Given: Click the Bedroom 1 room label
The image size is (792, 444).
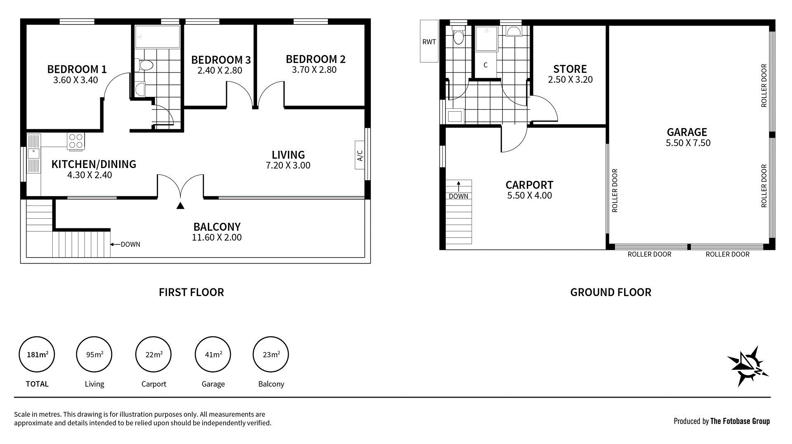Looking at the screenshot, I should [77, 69].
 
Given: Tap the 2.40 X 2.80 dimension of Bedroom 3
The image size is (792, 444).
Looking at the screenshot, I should [220, 70].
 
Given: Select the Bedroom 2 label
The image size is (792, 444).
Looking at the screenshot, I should [316, 59].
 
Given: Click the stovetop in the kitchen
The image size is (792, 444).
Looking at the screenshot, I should [76, 141].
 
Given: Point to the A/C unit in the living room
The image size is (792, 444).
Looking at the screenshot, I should [360, 155].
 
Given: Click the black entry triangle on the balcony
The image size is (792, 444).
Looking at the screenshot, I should [180, 206].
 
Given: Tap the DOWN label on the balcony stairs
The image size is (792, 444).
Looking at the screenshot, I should [130, 244].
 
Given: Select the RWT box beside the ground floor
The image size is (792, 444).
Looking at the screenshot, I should [429, 42].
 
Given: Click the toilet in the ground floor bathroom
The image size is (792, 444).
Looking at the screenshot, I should [458, 36].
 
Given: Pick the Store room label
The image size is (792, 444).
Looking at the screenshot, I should [570, 69].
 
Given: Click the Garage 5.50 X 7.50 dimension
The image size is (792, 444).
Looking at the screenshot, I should [688, 143].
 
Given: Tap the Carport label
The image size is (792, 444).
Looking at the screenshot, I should [529, 185].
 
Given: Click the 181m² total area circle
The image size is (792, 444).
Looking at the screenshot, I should [37, 354].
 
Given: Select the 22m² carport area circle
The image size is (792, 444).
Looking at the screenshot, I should [153, 354].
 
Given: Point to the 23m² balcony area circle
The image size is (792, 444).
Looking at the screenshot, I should [271, 354].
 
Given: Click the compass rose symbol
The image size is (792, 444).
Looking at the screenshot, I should [747, 366].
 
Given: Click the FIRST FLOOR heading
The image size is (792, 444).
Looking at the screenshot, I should [191, 292].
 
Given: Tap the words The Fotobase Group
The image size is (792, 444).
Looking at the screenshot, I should [740, 421].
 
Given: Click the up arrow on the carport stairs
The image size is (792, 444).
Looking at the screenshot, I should [458, 186].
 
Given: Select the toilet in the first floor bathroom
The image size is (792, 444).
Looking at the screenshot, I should [145, 65].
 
